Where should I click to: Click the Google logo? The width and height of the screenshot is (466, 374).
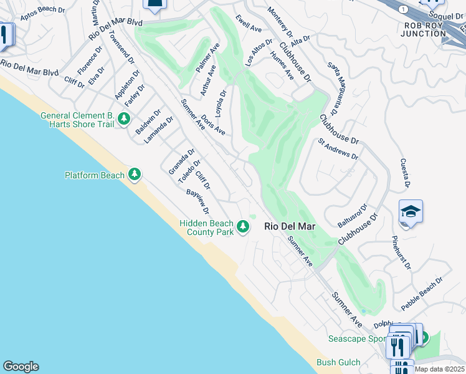click(21, 367)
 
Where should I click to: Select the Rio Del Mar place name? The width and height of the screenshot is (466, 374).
click(290, 227)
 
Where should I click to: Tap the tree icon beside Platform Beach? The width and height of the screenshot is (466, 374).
click(135, 175)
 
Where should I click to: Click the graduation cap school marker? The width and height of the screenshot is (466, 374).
click(411, 213)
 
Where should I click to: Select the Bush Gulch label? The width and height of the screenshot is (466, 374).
click(338, 362)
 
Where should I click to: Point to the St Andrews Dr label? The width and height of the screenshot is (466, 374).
click(338, 149)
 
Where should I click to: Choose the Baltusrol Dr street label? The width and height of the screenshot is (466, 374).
click(353, 216)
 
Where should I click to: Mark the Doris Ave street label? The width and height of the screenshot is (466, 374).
click(212, 125)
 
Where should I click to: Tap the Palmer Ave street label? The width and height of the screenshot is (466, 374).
click(207, 58)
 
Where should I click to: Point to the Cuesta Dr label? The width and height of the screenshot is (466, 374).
click(405, 173)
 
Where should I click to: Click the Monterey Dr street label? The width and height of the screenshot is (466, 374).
click(279, 22)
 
